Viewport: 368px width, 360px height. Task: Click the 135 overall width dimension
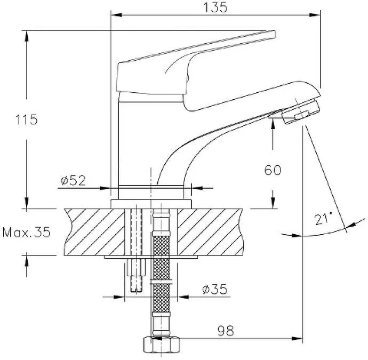(215, 7)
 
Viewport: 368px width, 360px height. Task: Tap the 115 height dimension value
(27, 119)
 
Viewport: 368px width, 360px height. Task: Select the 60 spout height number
(273, 170)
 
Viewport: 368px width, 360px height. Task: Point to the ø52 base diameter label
(74, 180)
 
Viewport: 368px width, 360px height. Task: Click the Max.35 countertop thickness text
(27, 233)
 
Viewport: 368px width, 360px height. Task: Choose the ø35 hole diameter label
(215, 289)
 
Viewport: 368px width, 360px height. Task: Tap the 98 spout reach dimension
(226, 331)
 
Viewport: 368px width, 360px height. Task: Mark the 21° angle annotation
(323, 219)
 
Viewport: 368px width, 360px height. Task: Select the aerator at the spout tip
(300, 111)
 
